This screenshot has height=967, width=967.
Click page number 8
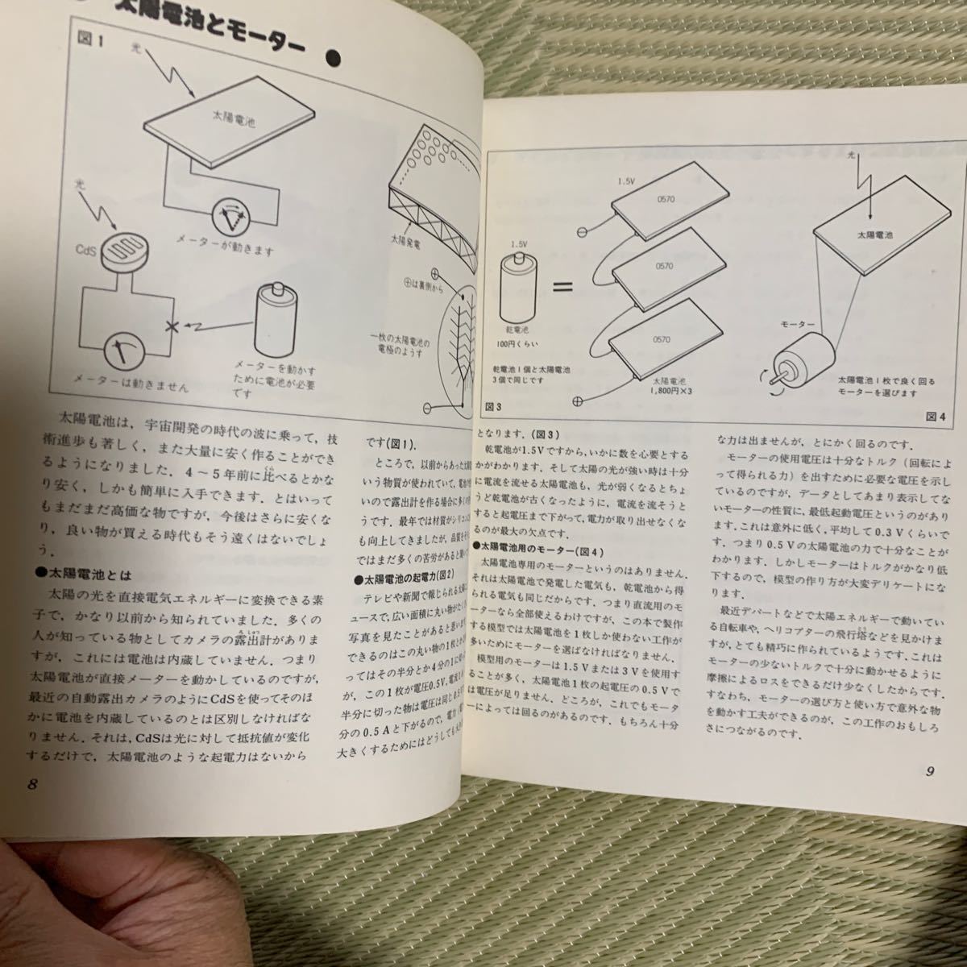click(32, 786)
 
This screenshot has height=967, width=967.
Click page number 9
click(929, 770)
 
